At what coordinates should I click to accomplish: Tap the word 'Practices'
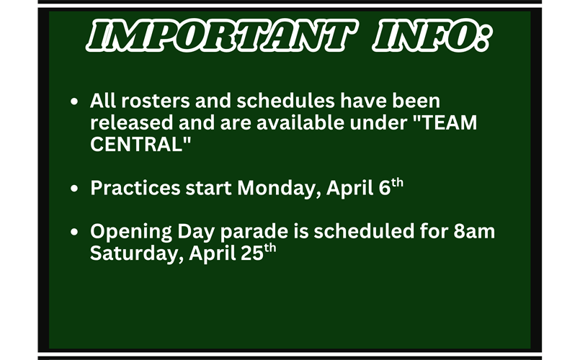point(135,189)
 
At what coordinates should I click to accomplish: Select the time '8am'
point(474,233)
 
